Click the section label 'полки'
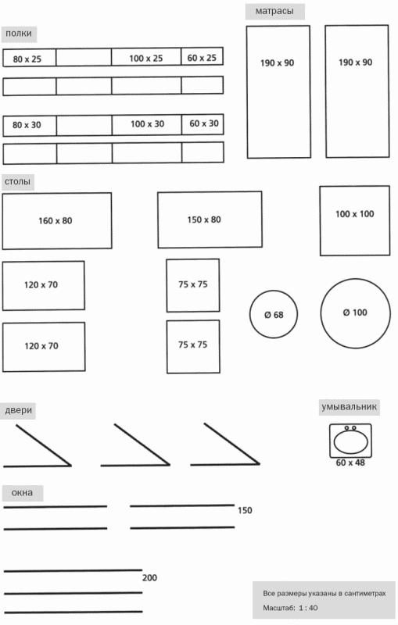(19, 34)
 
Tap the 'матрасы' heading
(274, 11)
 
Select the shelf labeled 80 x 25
(29, 58)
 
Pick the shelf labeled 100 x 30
(147, 125)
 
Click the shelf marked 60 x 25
(202, 56)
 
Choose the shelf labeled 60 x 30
(203, 124)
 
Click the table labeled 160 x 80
(57, 221)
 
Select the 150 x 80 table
(210, 220)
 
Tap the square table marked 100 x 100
(354, 220)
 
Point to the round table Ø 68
(274, 315)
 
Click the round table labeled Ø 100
(355, 313)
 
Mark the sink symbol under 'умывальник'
(350, 441)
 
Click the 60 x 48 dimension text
(350, 462)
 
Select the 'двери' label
(18, 411)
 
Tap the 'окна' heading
(23, 493)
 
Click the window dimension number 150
(245, 511)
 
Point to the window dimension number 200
(149, 578)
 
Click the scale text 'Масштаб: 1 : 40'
(290, 609)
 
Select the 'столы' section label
(17, 182)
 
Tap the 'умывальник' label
(349, 407)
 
